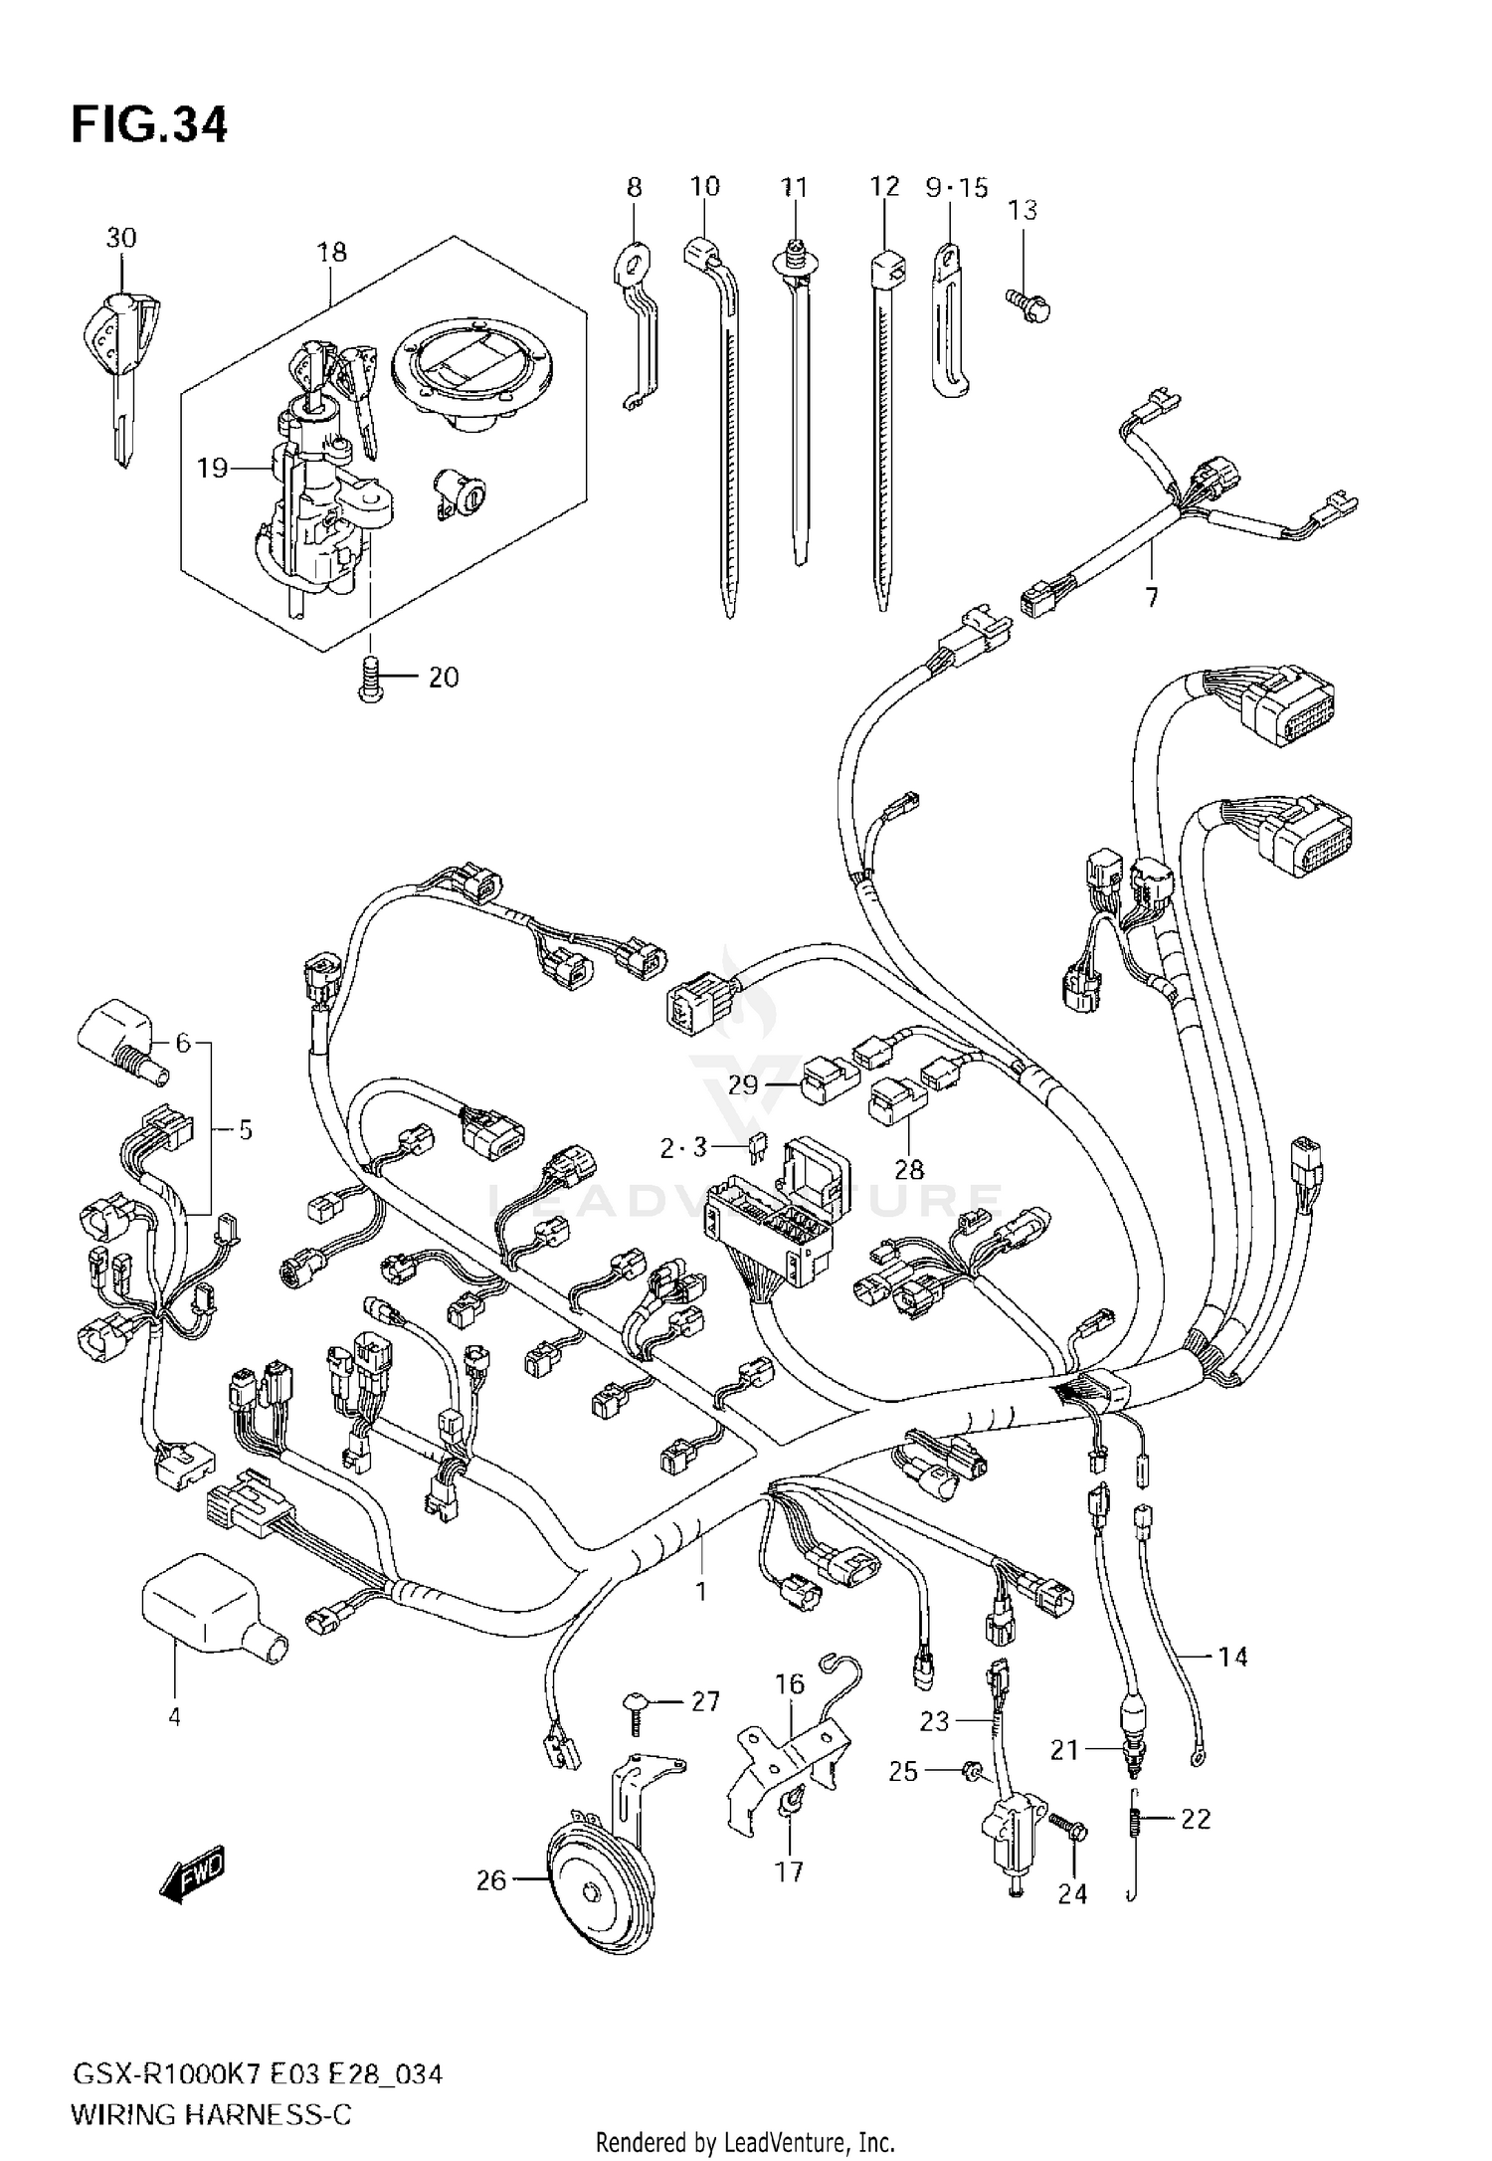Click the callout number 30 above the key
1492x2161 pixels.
click(x=121, y=238)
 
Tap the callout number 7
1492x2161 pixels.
click(x=1152, y=598)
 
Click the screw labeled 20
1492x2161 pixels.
click(x=371, y=681)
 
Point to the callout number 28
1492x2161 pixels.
click(x=909, y=1169)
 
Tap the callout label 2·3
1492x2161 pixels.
click(x=683, y=1147)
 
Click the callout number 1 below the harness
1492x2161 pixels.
click(x=700, y=1591)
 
